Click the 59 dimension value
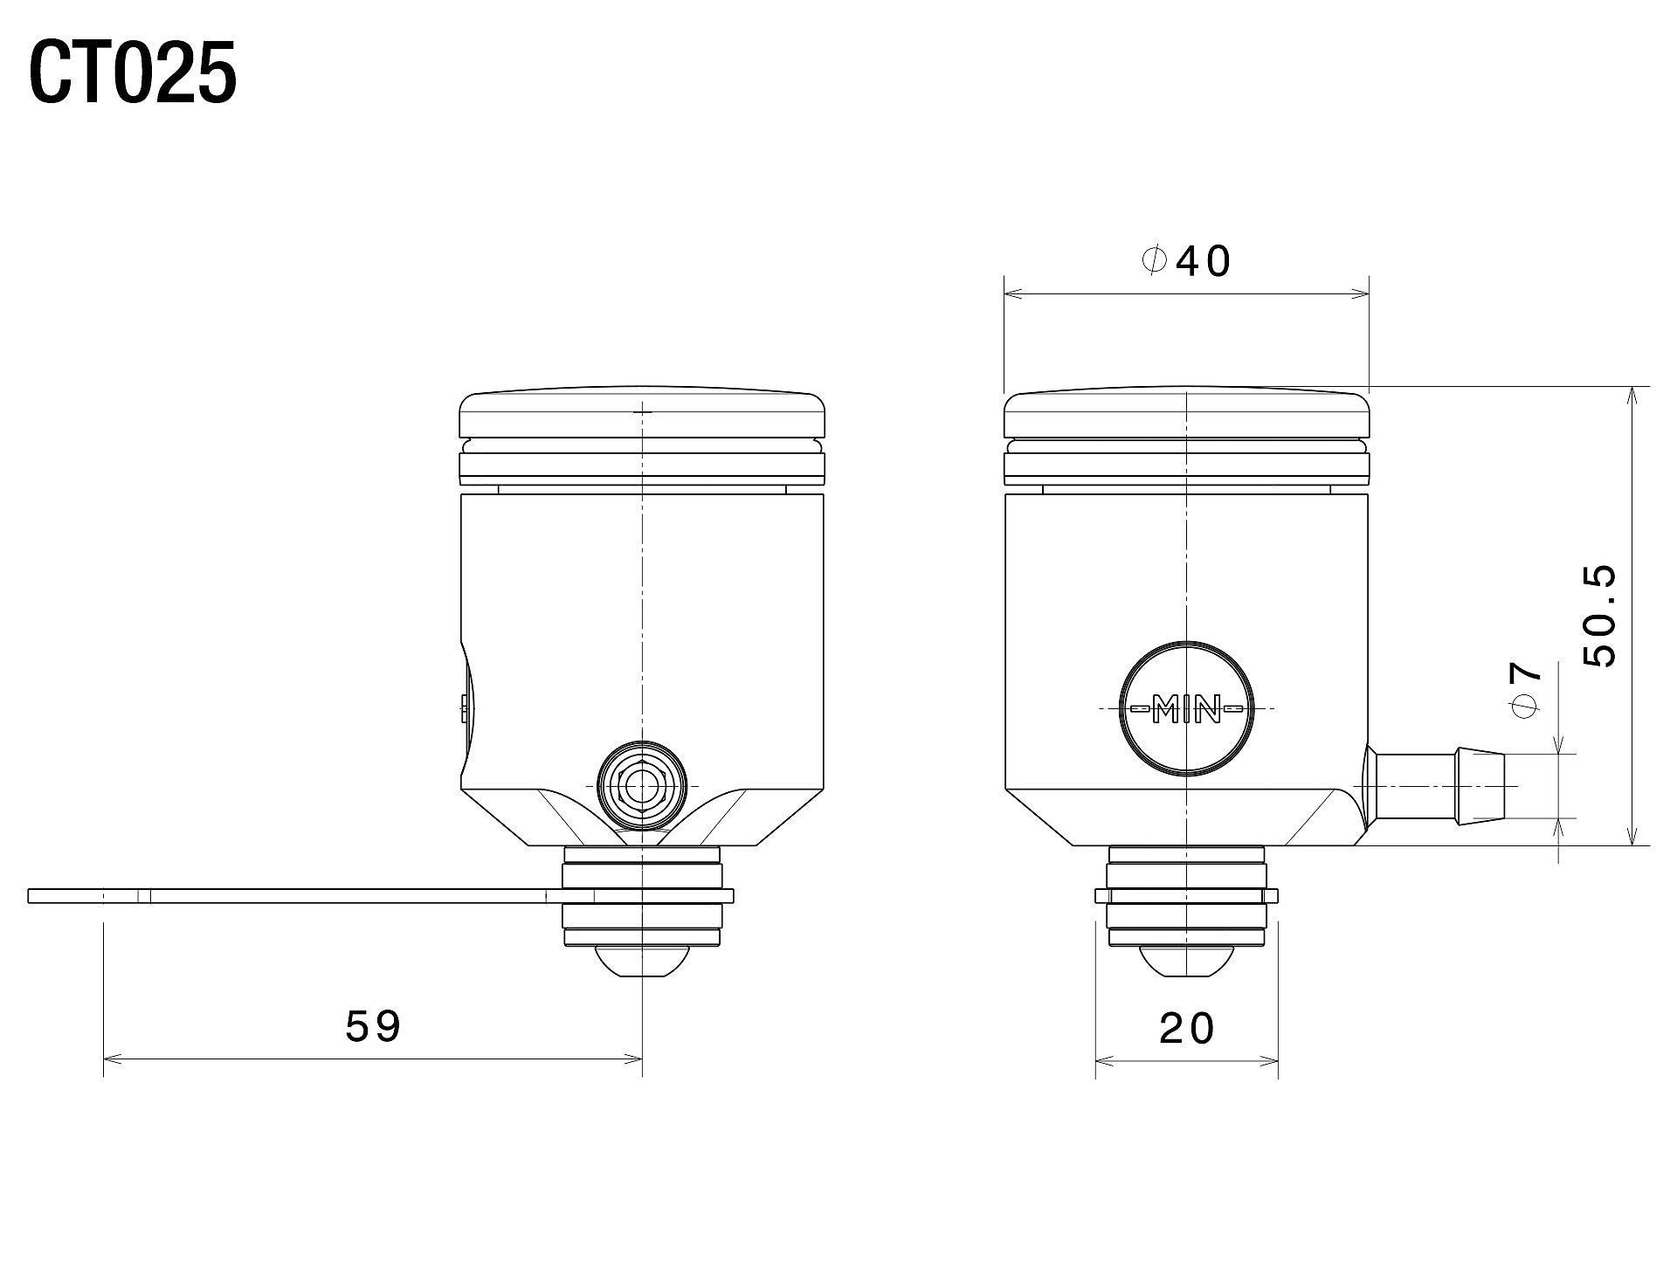tap(373, 1027)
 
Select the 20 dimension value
tap(1187, 1029)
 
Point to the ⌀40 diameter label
tap(1187, 261)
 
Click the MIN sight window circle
tap(1186, 708)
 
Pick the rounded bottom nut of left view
tap(641, 962)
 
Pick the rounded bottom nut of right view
tap(1186, 962)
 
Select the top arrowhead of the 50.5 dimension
tap(1631, 393)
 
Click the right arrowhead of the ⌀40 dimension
tap(1362, 294)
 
